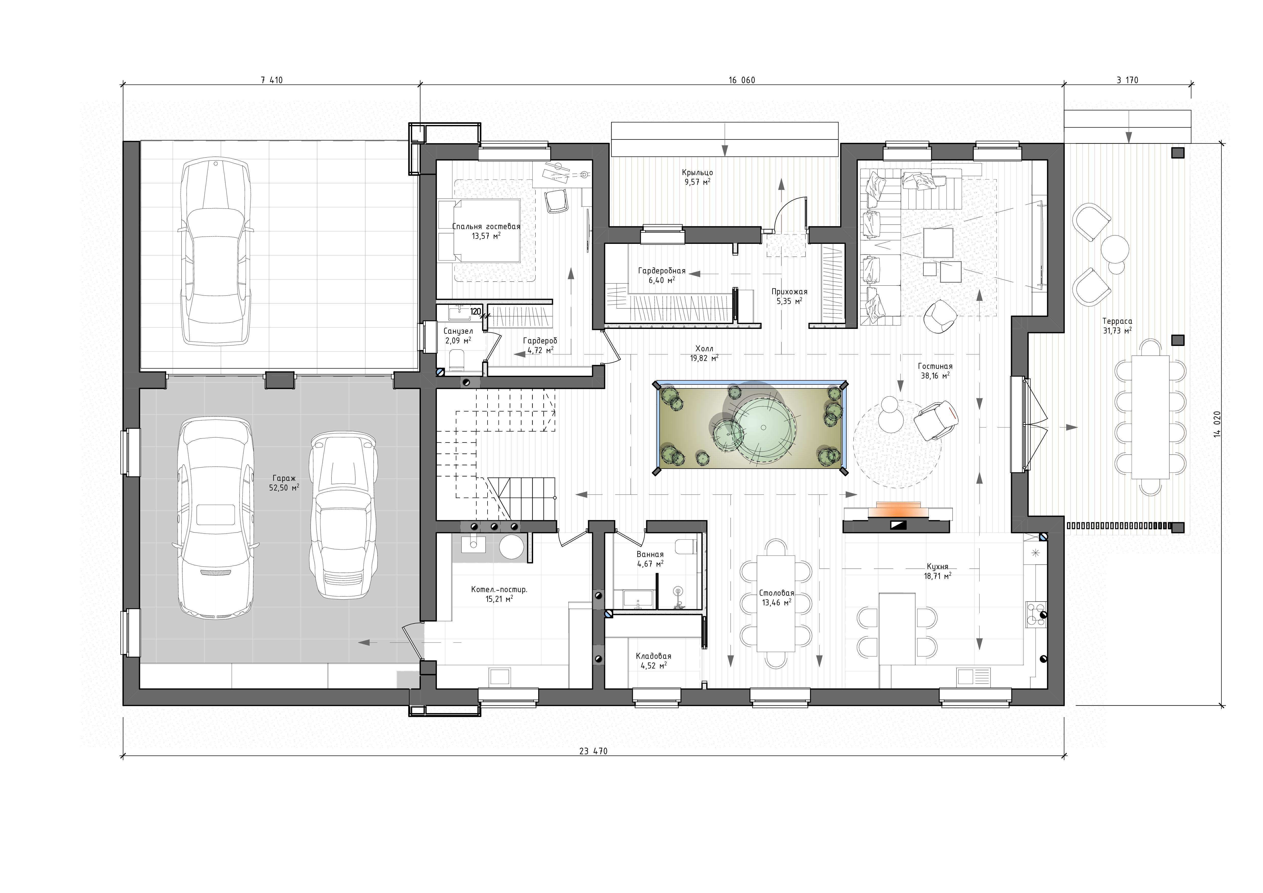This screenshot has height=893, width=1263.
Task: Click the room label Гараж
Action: pos(283,478)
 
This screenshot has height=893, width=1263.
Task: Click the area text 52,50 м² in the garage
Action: pos(284,487)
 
